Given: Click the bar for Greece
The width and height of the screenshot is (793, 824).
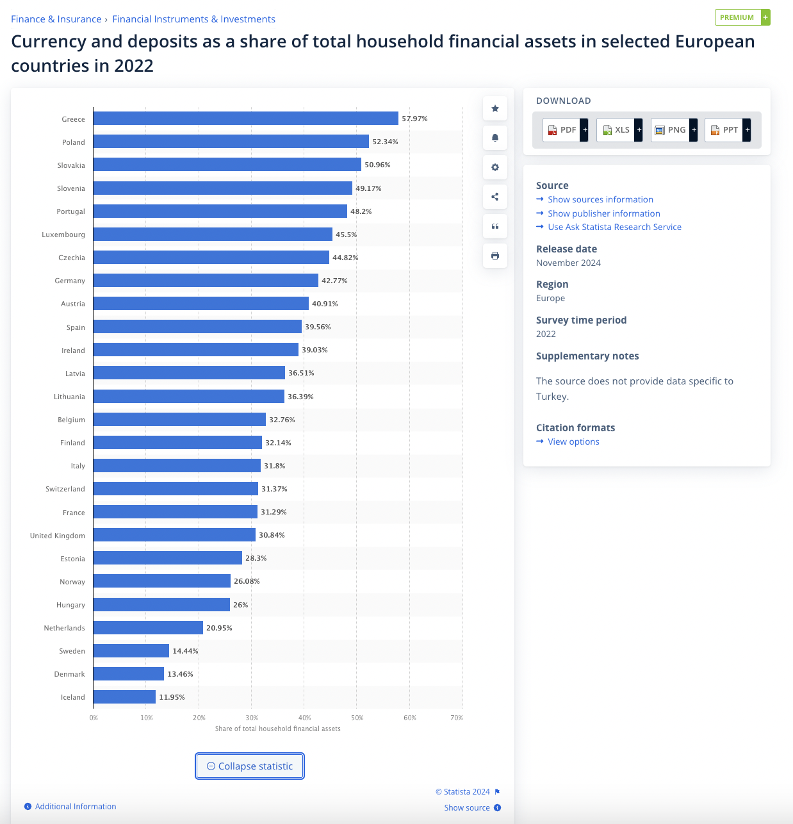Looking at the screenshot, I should click(x=245, y=119).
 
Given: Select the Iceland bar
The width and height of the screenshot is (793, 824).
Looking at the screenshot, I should click(x=124, y=697).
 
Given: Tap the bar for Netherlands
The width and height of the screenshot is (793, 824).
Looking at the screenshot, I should click(x=148, y=628).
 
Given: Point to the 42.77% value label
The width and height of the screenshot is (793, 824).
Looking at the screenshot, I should click(x=334, y=281).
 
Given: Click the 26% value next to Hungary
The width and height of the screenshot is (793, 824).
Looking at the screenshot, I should click(x=240, y=605).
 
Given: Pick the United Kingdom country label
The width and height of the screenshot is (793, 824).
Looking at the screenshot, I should click(x=57, y=536).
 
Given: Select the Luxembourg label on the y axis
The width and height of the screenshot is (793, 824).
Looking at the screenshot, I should click(x=63, y=235).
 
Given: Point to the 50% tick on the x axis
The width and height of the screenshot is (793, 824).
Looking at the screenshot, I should click(x=357, y=718).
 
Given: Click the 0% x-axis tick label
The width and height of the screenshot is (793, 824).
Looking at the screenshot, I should click(x=94, y=718).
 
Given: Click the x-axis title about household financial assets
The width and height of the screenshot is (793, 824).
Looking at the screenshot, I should click(x=277, y=729).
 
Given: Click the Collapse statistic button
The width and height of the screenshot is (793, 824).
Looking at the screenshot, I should click(x=250, y=766).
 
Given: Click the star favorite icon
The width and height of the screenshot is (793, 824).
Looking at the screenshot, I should click(x=495, y=108).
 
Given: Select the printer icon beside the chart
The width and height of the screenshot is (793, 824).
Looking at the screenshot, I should click(x=495, y=256).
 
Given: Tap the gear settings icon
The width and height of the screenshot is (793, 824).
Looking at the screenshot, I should click(x=495, y=167).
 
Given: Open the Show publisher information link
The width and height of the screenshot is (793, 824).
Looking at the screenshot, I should click(x=603, y=213).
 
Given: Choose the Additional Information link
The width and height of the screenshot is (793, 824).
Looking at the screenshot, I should click(x=75, y=807).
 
